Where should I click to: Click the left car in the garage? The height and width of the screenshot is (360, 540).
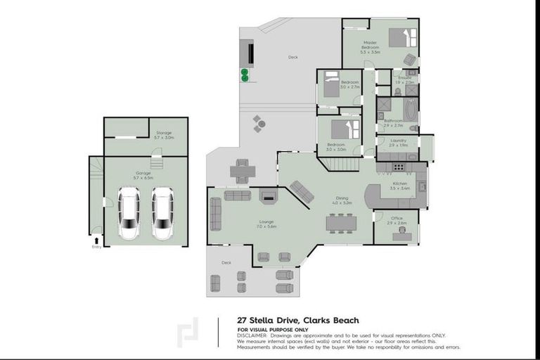point(129,212)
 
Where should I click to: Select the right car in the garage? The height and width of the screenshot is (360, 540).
point(162,212)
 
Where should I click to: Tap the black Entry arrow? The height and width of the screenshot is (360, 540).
point(96,240)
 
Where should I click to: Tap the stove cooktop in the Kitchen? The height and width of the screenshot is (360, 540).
point(399,167)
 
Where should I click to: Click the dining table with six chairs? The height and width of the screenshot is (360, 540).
point(341,223)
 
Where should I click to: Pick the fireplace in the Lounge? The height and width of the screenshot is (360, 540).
point(269,198)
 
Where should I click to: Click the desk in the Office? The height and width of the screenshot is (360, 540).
point(401,236)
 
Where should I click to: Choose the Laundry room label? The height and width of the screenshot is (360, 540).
point(388,141)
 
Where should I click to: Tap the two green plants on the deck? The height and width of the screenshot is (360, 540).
point(245,75)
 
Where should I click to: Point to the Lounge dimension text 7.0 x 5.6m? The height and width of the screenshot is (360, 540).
point(266,226)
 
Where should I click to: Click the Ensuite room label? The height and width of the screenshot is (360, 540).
point(404,77)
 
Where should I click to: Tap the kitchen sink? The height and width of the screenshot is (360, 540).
point(421,186)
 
